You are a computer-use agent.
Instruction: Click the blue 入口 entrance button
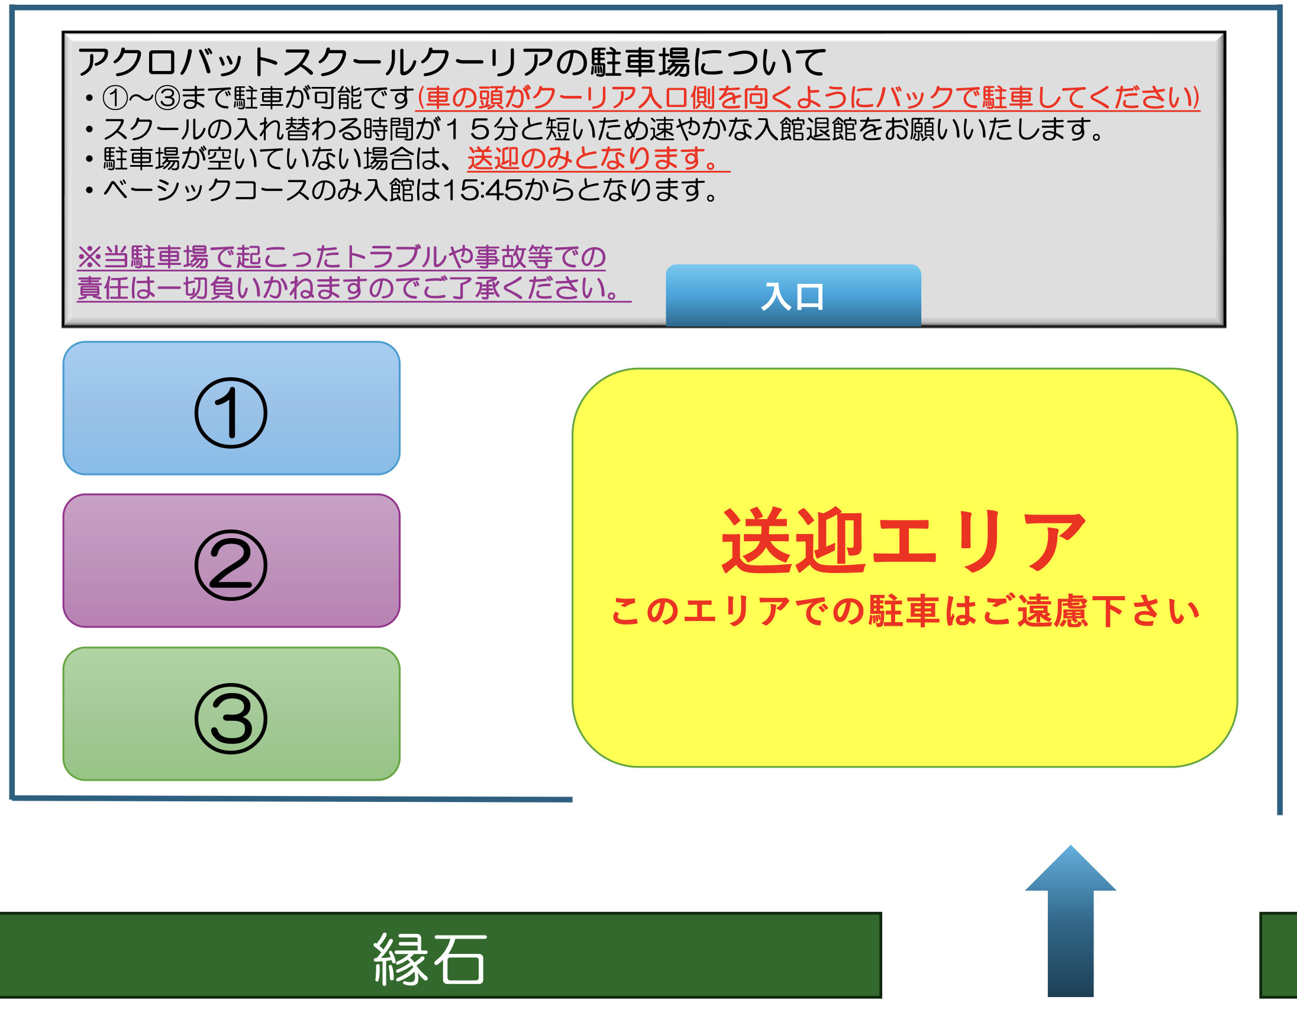click(793, 296)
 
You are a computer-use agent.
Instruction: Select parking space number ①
click(231, 408)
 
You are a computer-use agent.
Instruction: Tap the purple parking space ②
click(231, 561)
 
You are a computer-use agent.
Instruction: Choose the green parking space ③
click(231, 714)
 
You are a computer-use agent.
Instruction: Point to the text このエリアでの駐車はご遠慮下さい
click(905, 611)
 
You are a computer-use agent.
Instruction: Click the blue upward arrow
click(1070, 921)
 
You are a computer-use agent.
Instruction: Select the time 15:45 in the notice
click(482, 190)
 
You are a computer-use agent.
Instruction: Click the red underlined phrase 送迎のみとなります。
click(598, 159)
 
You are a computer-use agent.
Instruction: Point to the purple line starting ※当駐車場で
click(341, 257)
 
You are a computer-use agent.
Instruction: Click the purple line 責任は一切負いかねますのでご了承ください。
click(354, 288)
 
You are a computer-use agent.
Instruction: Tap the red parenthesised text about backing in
click(808, 98)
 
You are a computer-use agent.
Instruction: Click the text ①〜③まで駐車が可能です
click(258, 98)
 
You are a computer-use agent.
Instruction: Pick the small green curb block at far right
click(1279, 954)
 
